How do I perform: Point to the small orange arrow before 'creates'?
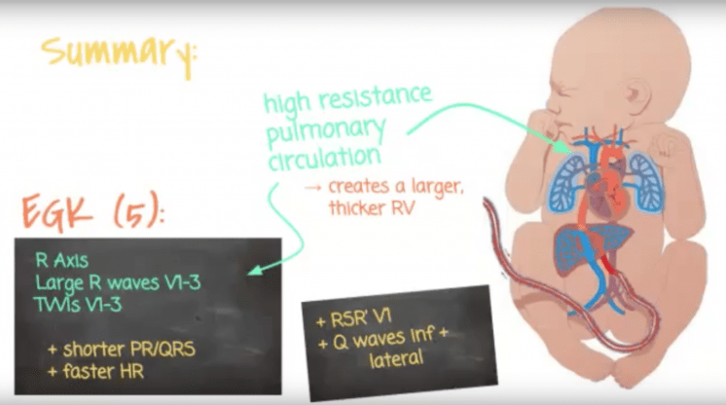coord(314,186)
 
